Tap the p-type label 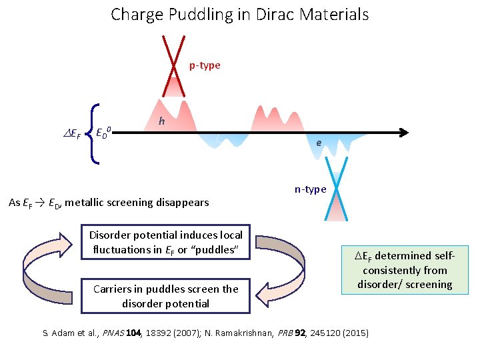[x=205, y=65]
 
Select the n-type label [x=311, y=189]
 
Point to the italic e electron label [x=319, y=143]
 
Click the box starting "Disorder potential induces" [x=165, y=243]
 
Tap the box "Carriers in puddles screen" [x=165, y=296]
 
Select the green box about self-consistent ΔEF [x=404, y=270]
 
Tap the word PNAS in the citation [x=112, y=333]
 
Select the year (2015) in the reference [x=353, y=333]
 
